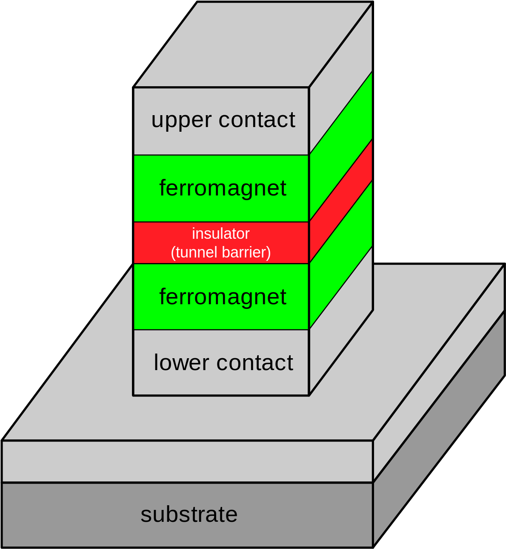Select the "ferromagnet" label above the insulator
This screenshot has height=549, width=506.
223,188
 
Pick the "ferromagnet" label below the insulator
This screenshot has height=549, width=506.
223,297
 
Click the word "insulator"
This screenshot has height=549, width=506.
220,234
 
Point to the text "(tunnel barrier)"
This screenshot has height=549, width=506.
220,252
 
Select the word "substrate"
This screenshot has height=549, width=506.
189,514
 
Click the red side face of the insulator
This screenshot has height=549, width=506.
340,200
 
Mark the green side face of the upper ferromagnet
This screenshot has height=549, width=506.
340,144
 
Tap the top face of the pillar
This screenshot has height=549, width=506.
253,45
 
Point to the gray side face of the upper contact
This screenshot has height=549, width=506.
340,72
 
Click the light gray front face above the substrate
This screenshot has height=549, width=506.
187,461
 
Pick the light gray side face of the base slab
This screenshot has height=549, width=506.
438,374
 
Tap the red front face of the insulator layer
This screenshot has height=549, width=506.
149,243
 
